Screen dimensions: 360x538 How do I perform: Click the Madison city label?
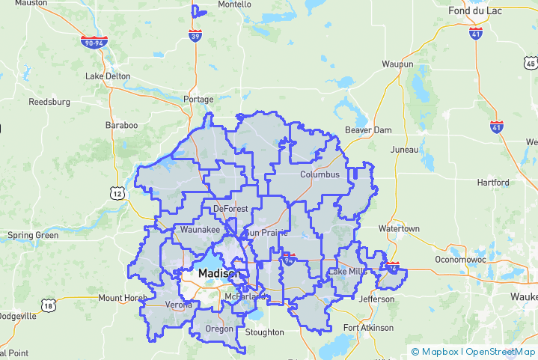click(x=218, y=274)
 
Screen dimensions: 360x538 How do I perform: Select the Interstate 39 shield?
click(x=195, y=36)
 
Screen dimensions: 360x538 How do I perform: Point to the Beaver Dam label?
click(x=368, y=130)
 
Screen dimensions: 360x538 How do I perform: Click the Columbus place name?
click(x=320, y=174)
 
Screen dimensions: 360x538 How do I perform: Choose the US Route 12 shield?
click(x=117, y=193)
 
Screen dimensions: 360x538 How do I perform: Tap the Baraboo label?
click(x=122, y=125)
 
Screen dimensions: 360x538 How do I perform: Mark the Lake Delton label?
click(x=108, y=76)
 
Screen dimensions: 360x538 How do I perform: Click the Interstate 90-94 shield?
click(x=94, y=43)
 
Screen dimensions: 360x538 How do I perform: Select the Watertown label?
click(x=400, y=228)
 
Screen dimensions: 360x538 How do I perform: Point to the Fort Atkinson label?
click(x=368, y=328)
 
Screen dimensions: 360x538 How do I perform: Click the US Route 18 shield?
click(x=49, y=305)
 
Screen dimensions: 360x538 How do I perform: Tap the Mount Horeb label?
click(x=121, y=298)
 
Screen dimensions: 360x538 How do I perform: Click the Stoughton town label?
click(x=265, y=332)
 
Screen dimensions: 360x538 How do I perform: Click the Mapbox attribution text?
click(x=438, y=351)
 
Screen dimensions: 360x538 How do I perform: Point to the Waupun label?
click(x=397, y=65)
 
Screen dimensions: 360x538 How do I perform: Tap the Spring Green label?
click(x=33, y=235)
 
